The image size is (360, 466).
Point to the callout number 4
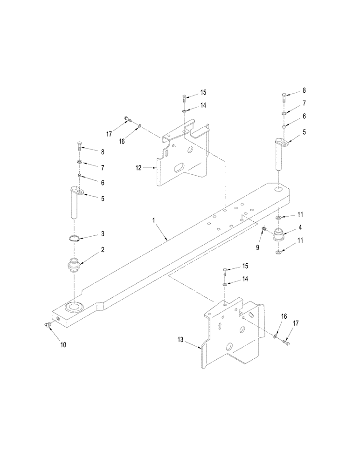click(x=300, y=227)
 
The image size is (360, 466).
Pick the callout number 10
click(x=63, y=345)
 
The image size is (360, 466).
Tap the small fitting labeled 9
click(x=264, y=229)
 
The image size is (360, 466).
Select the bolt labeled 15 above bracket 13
click(x=225, y=271)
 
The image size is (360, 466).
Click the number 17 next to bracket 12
click(x=109, y=134)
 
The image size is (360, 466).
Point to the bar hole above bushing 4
click(x=279, y=189)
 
